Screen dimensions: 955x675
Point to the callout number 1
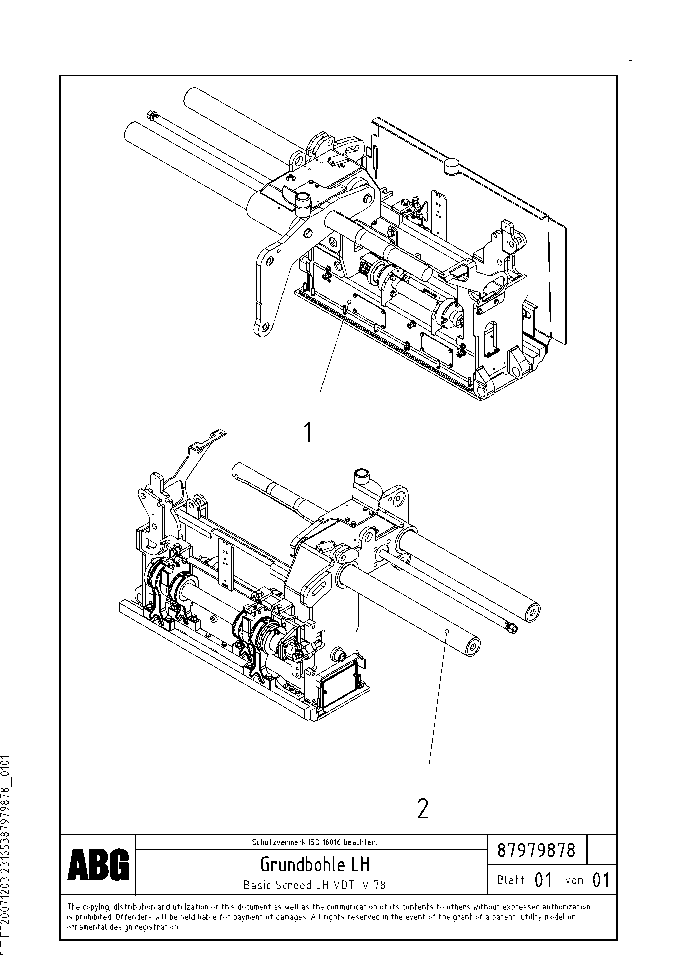coord(308,432)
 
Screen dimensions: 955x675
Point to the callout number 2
coord(423,809)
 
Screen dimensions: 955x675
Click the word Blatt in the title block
coord(511,880)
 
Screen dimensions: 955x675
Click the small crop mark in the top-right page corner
coord(631,61)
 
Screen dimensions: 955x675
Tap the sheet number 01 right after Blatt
coord(543,880)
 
